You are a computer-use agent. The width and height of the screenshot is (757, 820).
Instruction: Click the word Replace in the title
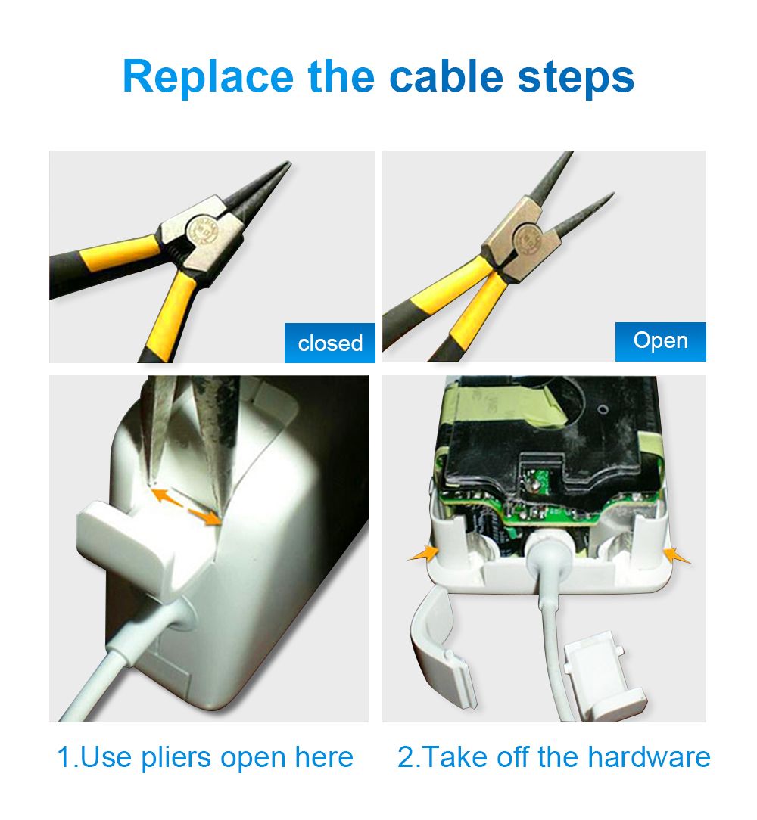(x=208, y=77)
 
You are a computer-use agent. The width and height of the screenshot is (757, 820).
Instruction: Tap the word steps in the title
(x=576, y=79)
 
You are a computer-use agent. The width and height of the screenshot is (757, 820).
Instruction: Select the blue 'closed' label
(x=330, y=343)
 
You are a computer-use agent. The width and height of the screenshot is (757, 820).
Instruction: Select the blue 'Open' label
(x=661, y=341)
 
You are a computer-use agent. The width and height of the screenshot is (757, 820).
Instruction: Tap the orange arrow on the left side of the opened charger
(x=424, y=553)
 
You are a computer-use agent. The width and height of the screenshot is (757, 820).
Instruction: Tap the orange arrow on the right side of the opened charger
(x=677, y=555)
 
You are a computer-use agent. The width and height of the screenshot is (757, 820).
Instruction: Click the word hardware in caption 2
(x=649, y=757)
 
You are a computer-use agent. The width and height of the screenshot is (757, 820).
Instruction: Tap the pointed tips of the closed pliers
(x=287, y=164)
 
